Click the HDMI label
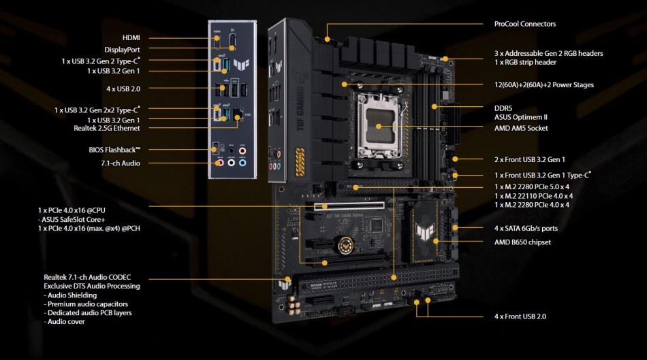(131, 38)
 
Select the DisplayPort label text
(122, 50)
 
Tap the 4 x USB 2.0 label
(123, 88)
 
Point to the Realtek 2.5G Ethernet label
(107, 128)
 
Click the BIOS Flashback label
(114, 150)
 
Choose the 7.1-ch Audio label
(121, 163)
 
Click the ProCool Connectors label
(525, 24)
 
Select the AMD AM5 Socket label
(521, 128)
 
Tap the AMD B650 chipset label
(522, 242)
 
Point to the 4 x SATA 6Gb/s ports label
(526, 228)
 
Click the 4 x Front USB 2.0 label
(520, 316)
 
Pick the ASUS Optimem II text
(521, 117)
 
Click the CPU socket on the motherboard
(379, 126)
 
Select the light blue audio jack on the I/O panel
(242, 163)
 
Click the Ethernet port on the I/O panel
(238, 114)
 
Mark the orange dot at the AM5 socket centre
(379, 127)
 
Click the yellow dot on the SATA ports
(455, 227)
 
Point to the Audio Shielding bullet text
(70, 295)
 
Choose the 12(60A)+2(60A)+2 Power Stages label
(544, 85)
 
